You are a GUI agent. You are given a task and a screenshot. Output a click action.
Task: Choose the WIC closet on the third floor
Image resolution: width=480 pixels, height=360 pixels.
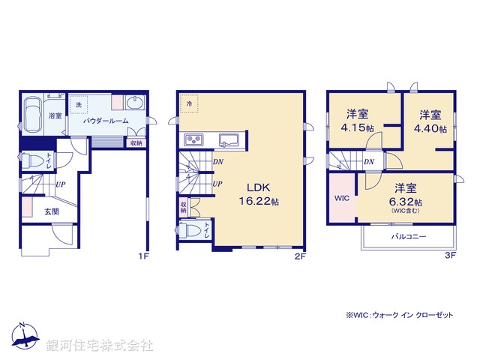[341, 199]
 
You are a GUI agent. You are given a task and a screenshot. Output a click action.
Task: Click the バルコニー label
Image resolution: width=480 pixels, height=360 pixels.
[408, 235]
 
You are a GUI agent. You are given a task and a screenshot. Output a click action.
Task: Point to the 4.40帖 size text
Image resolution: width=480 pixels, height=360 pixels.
[430, 128]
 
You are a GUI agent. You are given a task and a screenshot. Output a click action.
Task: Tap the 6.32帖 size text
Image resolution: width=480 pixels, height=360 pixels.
[406, 202]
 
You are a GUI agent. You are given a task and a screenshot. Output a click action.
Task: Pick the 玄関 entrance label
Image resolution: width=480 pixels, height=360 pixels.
[51, 211]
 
